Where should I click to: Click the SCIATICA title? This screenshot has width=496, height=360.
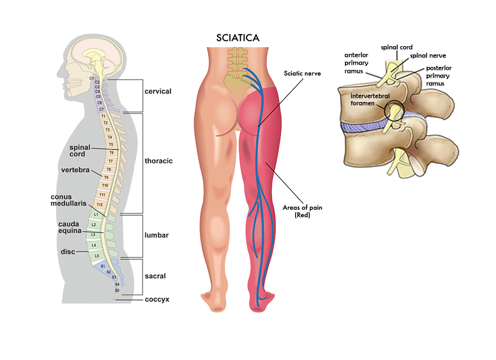point(238,38)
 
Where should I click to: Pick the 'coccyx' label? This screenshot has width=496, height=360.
point(157,299)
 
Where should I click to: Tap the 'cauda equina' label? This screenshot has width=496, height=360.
point(68,227)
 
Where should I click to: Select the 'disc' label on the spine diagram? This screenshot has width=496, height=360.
point(67,252)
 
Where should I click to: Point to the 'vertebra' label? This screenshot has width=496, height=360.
point(72,170)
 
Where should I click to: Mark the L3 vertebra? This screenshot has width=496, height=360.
point(93,235)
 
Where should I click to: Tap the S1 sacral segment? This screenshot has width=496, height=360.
point(103,266)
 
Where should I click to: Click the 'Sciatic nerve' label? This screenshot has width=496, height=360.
point(302,74)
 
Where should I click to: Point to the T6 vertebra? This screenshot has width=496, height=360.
point(111,153)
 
